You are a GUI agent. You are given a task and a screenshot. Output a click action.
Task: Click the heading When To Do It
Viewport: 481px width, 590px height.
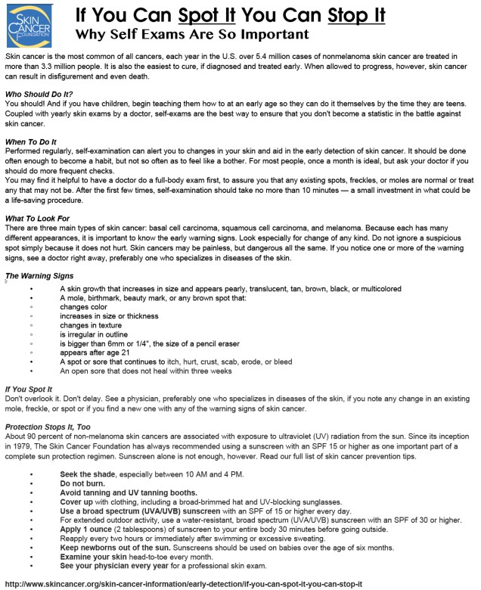click(x=31, y=142)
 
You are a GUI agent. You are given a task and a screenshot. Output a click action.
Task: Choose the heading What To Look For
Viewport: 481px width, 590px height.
click(x=37, y=218)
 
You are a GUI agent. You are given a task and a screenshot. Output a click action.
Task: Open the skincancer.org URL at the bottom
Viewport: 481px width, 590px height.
click(x=184, y=584)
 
